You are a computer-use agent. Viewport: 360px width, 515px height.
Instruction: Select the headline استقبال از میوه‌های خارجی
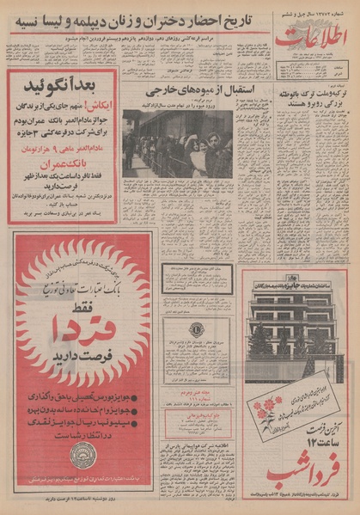177,89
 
